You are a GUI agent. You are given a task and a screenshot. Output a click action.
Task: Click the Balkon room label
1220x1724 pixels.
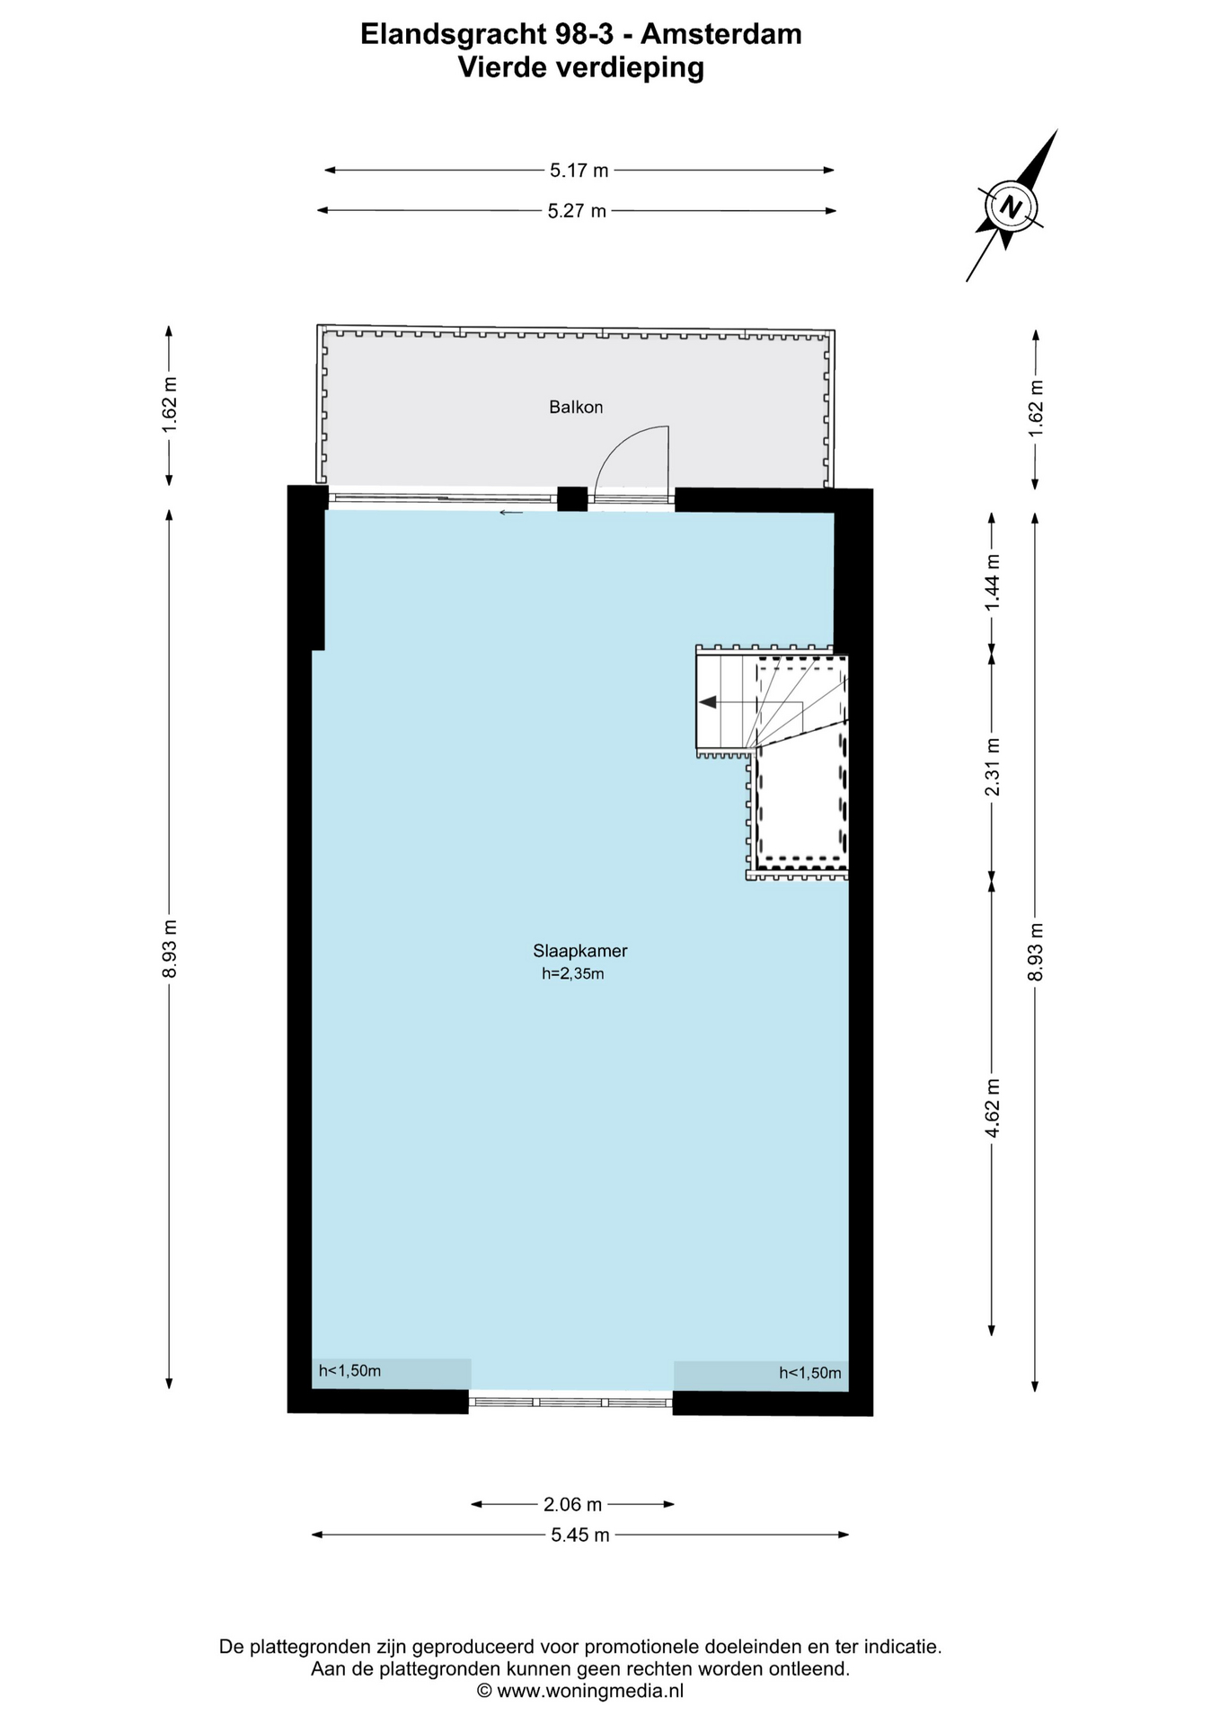[x=576, y=407]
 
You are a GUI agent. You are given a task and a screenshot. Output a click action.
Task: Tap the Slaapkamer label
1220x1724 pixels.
[x=579, y=951]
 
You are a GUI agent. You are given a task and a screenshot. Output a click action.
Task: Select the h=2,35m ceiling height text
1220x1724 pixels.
[x=572, y=973]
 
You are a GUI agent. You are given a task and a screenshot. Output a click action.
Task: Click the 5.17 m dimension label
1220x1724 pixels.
[x=579, y=170]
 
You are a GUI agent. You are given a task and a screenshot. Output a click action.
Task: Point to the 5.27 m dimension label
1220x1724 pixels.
[x=577, y=211]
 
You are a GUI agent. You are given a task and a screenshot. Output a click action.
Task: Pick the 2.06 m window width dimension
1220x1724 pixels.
[x=572, y=1504]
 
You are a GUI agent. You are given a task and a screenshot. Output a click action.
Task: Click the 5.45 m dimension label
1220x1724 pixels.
[x=579, y=1535]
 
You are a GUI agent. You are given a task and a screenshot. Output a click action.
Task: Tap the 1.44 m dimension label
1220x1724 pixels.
[x=992, y=582]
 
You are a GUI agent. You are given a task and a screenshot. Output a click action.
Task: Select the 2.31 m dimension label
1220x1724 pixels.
[x=992, y=767]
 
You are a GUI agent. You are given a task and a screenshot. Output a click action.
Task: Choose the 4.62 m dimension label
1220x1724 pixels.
[x=992, y=1108]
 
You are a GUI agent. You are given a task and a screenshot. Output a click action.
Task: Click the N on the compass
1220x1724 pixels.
[x=1012, y=207]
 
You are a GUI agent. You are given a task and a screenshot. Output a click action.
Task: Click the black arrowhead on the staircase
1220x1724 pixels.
[x=707, y=702]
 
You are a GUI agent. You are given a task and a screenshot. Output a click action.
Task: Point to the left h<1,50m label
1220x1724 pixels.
[x=349, y=1371]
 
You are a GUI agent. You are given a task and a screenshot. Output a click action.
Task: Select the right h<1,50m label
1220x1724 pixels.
[x=810, y=1373]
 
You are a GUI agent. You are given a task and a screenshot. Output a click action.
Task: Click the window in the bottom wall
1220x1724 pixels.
[x=571, y=1402]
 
